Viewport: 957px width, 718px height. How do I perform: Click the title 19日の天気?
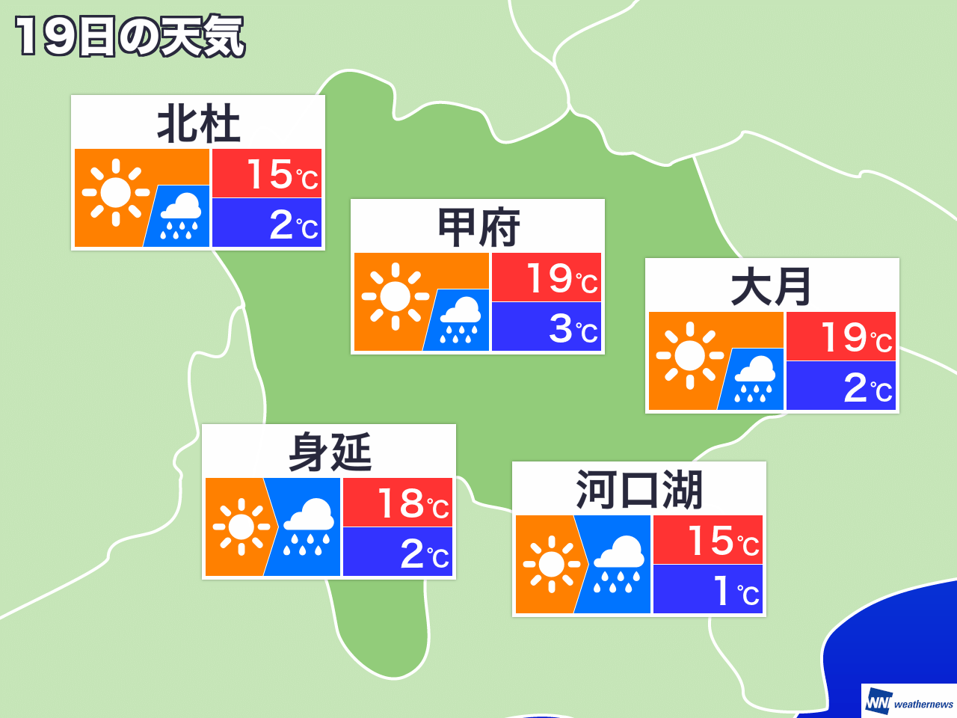click(129, 37)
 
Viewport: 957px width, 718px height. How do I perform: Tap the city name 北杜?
click(198, 124)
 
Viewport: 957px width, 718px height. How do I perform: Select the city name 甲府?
click(478, 228)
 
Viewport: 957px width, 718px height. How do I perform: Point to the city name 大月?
click(772, 287)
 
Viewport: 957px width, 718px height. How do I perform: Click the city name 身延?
click(330, 453)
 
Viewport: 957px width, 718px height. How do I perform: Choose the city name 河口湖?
click(639, 491)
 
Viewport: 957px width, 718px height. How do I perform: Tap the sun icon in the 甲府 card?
click(395, 297)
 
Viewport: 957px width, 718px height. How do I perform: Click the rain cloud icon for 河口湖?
click(618, 565)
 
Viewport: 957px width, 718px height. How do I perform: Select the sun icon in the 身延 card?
click(241, 527)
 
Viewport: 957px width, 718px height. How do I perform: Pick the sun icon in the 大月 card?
click(689, 356)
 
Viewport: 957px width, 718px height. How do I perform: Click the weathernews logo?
click(909, 702)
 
